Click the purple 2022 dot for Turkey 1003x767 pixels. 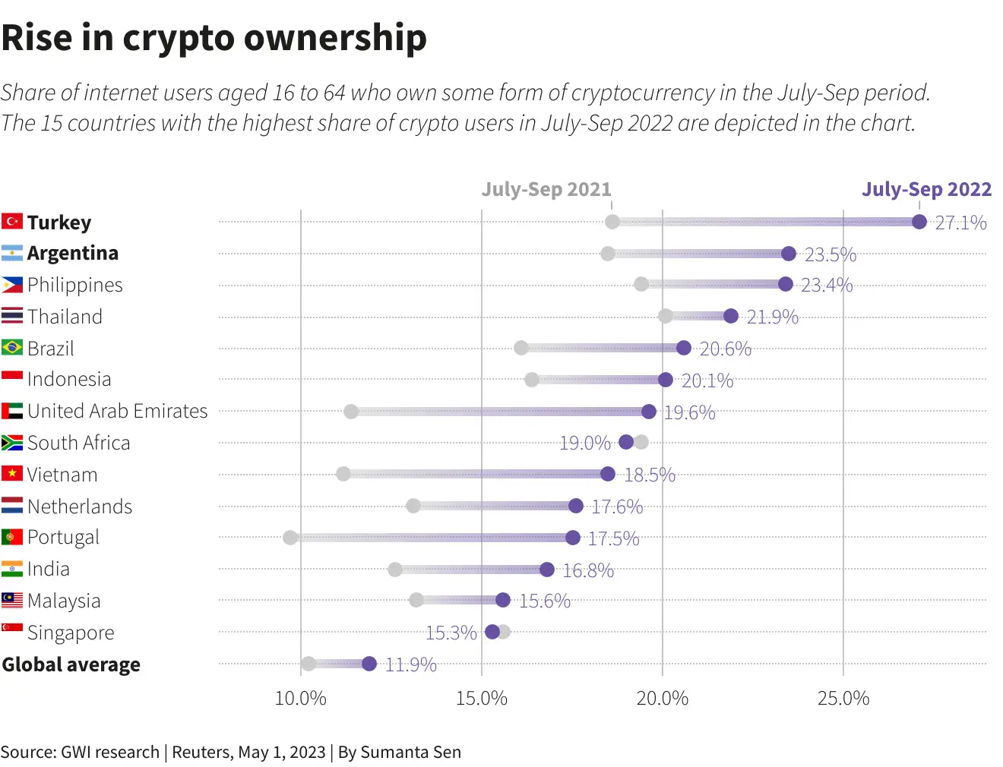click(x=919, y=222)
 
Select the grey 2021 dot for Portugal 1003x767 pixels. click(x=290, y=538)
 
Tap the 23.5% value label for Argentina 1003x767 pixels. click(x=830, y=254)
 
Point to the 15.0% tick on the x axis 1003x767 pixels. click(x=481, y=699)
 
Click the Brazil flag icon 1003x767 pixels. click(x=12, y=348)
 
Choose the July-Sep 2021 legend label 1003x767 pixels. click(x=546, y=189)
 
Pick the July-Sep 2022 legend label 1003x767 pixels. click(x=926, y=189)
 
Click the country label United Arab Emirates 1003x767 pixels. click(x=117, y=411)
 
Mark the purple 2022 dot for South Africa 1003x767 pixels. click(x=626, y=442)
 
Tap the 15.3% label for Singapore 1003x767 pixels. click(x=451, y=633)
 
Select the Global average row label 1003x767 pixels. click(x=71, y=664)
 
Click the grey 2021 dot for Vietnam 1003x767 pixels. click(x=343, y=474)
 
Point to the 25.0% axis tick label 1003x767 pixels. click(x=843, y=699)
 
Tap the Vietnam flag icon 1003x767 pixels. click(x=12, y=474)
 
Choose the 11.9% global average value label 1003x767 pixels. click(x=410, y=665)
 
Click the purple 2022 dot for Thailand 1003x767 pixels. click(x=731, y=316)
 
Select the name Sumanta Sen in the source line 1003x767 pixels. click(x=410, y=752)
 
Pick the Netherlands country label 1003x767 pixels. click(x=80, y=507)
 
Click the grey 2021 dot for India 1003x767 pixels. click(x=395, y=570)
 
